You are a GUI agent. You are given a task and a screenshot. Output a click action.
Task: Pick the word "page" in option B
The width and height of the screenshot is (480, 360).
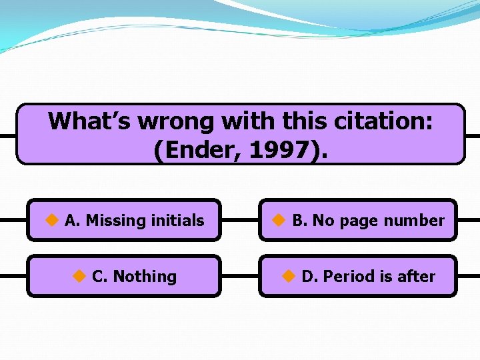pos(359,221)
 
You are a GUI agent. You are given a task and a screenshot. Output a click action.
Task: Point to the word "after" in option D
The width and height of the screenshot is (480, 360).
pos(415,276)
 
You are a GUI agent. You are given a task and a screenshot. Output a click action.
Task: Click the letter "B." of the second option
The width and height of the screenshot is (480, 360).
pos(299,220)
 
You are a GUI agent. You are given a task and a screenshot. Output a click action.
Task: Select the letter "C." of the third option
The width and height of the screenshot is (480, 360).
pos(101,276)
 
